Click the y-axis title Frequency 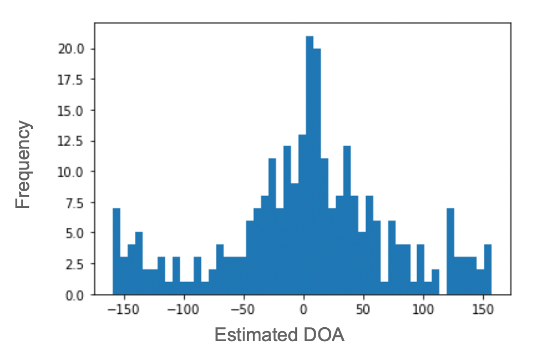pyautogui.click(x=23, y=164)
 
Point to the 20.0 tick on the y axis pyautogui.click(x=71, y=49)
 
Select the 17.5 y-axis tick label pyautogui.click(x=71, y=80)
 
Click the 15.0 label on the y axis pyautogui.click(x=71, y=111)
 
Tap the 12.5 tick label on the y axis pyautogui.click(x=71, y=141)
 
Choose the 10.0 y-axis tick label pyautogui.click(x=71, y=172)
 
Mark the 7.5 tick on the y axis pyautogui.click(x=74, y=203)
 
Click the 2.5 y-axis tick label pyautogui.click(x=74, y=264)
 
